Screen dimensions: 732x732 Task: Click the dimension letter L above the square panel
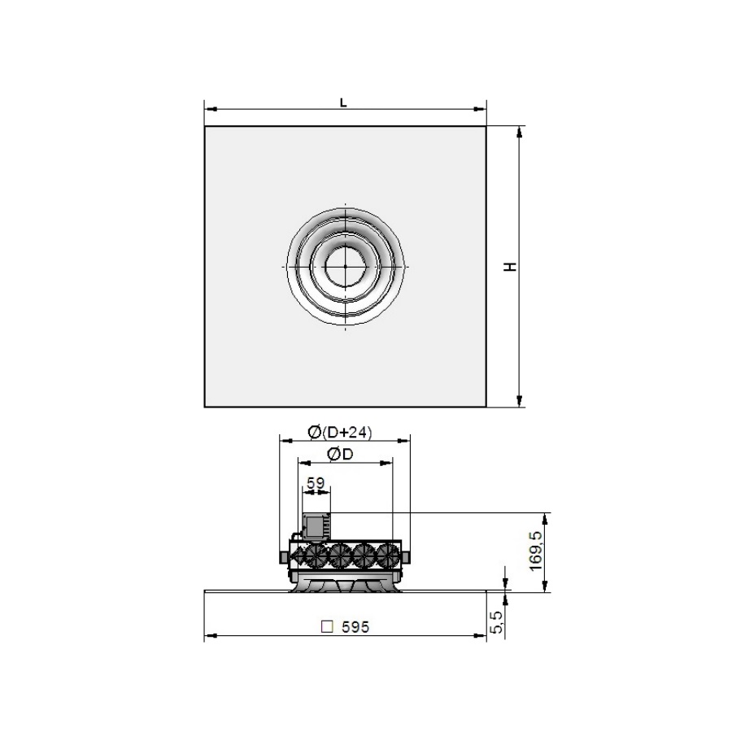click(343, 102)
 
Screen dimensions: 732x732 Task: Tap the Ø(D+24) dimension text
click(340, 433)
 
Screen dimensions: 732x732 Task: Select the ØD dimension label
click(340, 454)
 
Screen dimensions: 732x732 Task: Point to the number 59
click(316, 482)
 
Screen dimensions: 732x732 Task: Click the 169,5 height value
click(537, 551)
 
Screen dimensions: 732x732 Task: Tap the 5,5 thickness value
click(498, 622)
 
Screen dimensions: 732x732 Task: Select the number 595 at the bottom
click(355, 627)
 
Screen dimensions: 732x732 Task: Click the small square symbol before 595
click(328, 626)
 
